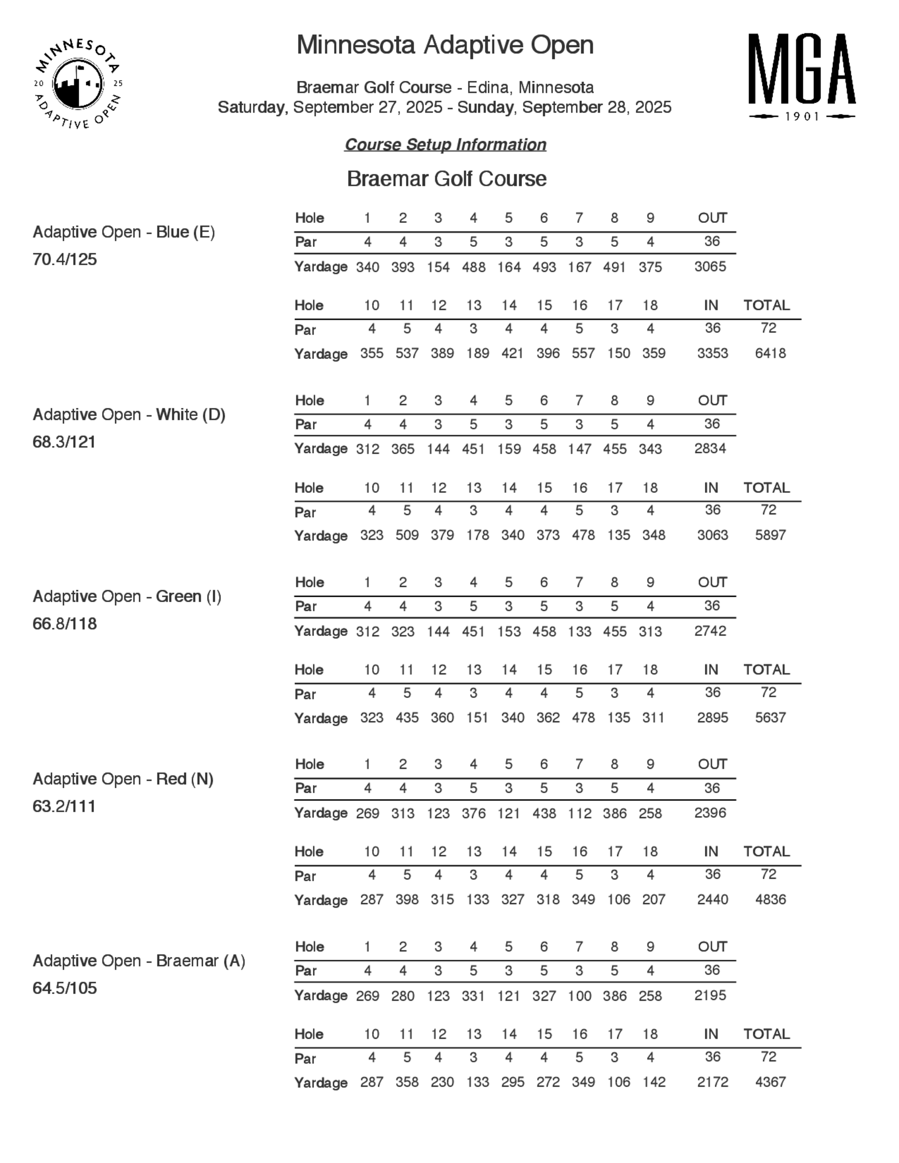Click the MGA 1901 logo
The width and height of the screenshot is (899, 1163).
click(801, 76)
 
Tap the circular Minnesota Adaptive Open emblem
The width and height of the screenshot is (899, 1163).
click(78, 84)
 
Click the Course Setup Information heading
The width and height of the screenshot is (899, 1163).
click(445, 144)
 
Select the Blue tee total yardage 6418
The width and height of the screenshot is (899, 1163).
click(770, 353)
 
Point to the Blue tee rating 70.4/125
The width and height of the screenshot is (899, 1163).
click(64, 259)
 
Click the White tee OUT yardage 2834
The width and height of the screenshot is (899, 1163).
click(710, 448)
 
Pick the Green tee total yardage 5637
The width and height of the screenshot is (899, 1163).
click(770, 717)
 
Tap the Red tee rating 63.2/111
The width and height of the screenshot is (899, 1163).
click(64, 806)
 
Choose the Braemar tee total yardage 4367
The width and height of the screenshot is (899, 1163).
click(770, 1082)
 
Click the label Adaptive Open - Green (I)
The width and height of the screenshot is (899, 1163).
click(127, 596)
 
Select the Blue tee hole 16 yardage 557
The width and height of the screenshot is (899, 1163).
click(583, 353)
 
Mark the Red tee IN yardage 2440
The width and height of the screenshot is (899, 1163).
click(712, 899)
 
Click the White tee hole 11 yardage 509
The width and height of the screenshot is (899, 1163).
click(407, 535)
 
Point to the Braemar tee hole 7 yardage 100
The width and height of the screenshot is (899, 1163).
click(579, 996)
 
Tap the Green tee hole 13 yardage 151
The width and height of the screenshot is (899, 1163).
click(477, 717)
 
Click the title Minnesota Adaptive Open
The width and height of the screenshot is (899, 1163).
click(445, 45)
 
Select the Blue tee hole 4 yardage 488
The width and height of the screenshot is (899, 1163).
click(473, 267)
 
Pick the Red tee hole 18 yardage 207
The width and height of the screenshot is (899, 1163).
click(654, 899)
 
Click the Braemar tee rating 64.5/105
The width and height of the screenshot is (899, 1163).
click(64, 988)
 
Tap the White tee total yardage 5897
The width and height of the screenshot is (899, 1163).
click(770, 535)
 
